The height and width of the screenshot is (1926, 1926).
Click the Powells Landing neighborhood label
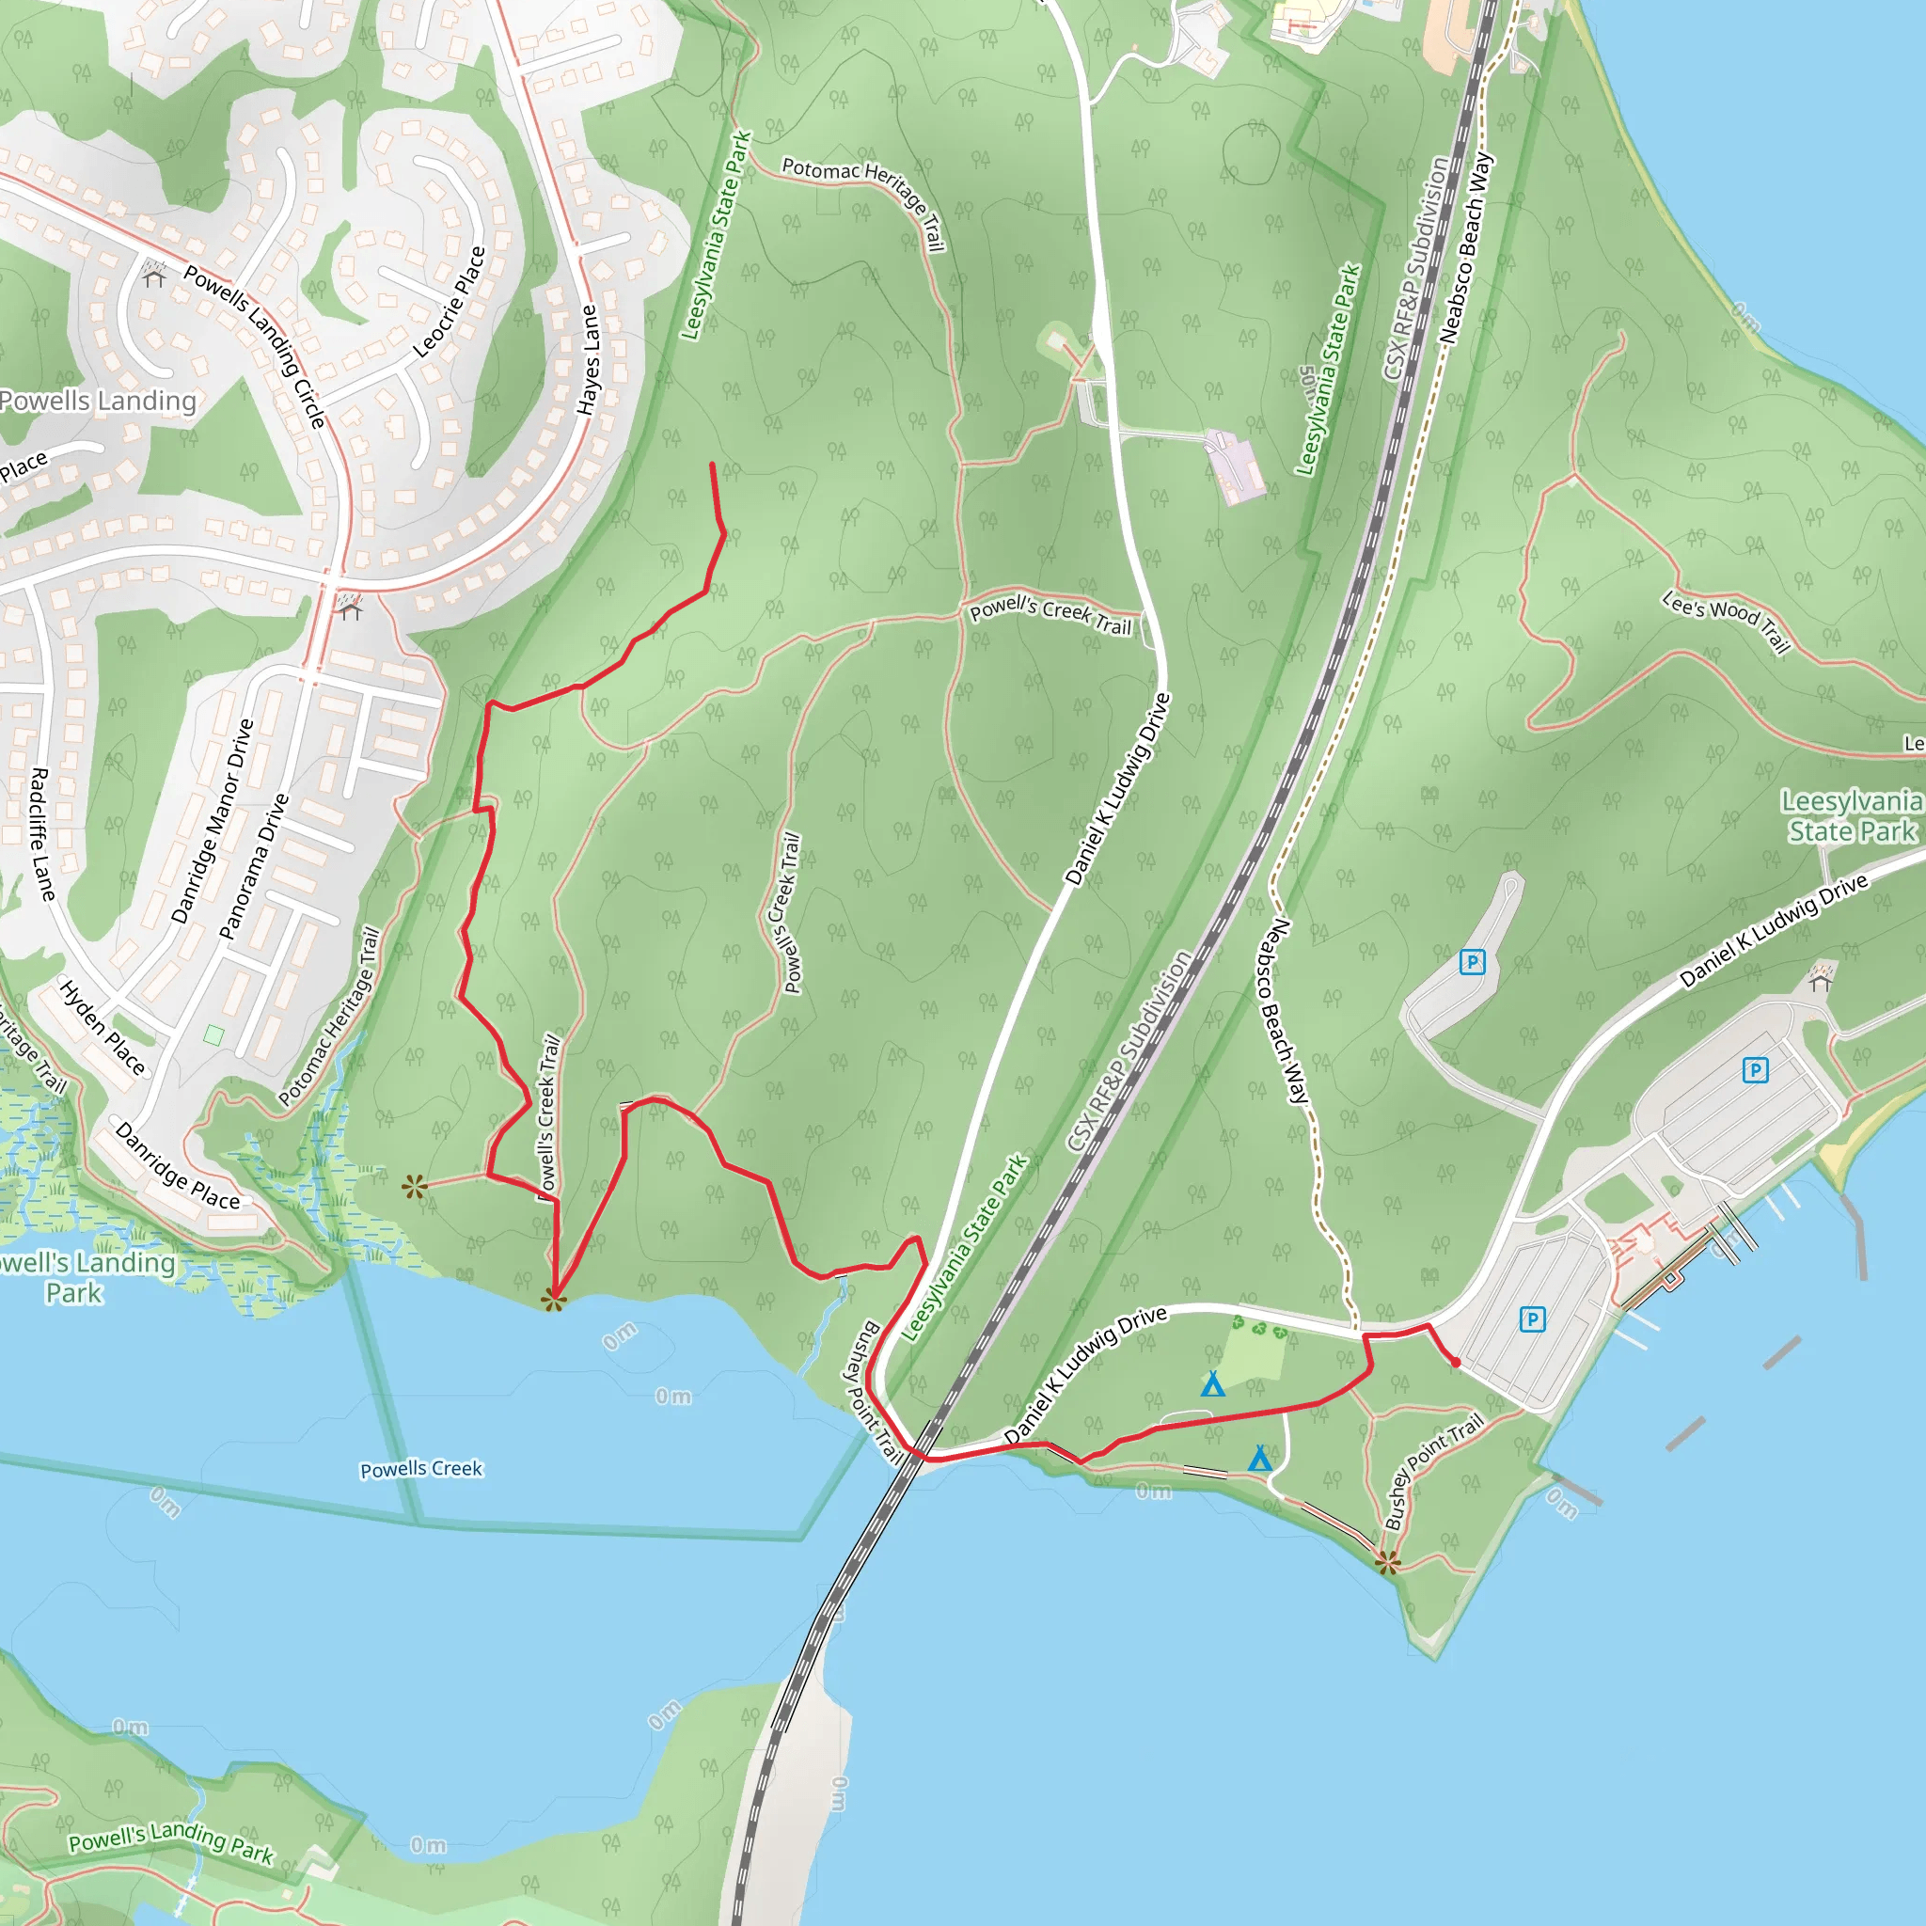click(x=98, y=401)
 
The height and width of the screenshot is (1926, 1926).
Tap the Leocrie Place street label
click(x=450, y=302)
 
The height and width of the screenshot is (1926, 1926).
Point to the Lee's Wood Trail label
click(x=1726, y=621)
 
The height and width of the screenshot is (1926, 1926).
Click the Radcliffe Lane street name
click(x=39, y=833)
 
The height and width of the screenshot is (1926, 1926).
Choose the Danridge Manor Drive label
click(x=213, y=820)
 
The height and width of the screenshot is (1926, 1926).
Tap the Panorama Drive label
click(x=253, y=866)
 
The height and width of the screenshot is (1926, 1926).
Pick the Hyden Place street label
click(x=103, y=1028)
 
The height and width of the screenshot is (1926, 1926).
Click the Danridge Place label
click(x=179, y=1166)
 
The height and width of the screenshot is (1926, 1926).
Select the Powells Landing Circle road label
click(x=255, y=346)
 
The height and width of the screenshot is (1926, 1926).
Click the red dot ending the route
click(x=1456, y=1362)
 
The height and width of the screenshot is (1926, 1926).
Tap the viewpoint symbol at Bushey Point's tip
click(x=1388, y=1562)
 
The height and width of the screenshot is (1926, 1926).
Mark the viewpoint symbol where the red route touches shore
click(x=553, y=1299)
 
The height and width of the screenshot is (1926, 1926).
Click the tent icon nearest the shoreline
click(x=1260, y=1459)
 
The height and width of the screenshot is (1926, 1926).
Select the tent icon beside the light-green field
click(x=1212, y=1383)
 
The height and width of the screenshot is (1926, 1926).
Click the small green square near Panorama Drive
click(x=213, y=1034)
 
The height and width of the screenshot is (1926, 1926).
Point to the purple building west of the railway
click(x=1236, y=466)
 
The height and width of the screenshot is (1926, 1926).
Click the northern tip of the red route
click(x=712, y=465)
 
